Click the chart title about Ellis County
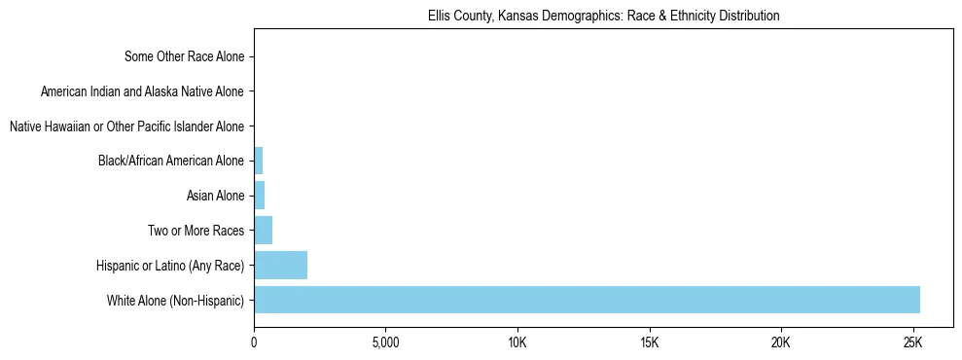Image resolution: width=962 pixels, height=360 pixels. click(x=603, y=17)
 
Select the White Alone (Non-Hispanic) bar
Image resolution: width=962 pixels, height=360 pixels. click(x=587, y=300)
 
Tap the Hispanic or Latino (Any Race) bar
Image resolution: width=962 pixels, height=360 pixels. click(x=280, y=265)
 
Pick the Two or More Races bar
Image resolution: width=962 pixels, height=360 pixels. click(x=263, y=231)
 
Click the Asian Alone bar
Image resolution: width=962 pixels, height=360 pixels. click(x=259, y=196)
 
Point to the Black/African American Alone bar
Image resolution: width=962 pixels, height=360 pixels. click(x=258, y=161)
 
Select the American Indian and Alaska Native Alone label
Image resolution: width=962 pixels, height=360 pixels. click(x=143, y=91)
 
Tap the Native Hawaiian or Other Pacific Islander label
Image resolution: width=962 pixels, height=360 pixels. click(x=126, y=126)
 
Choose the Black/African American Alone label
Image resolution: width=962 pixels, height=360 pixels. click(x=171, y=161)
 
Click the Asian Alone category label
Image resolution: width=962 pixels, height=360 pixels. click(x=215, y=196)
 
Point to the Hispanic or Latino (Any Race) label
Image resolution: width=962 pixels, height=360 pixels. click(x=170, y=265)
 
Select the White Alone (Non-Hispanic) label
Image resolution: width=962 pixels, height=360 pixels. click(x=176, y=300)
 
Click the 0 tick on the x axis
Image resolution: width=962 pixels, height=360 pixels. click(x=254, y=342)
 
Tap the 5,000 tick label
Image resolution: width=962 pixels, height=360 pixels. click(x=385, y=342)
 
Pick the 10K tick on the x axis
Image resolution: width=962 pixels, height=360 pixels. click(x=517, y=342)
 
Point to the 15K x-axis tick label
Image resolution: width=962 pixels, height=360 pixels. click(x=649, y=342)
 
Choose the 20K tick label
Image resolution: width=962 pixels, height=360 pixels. click(x=781, y=342)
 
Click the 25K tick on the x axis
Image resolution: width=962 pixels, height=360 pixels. click(x=912, y=342)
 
